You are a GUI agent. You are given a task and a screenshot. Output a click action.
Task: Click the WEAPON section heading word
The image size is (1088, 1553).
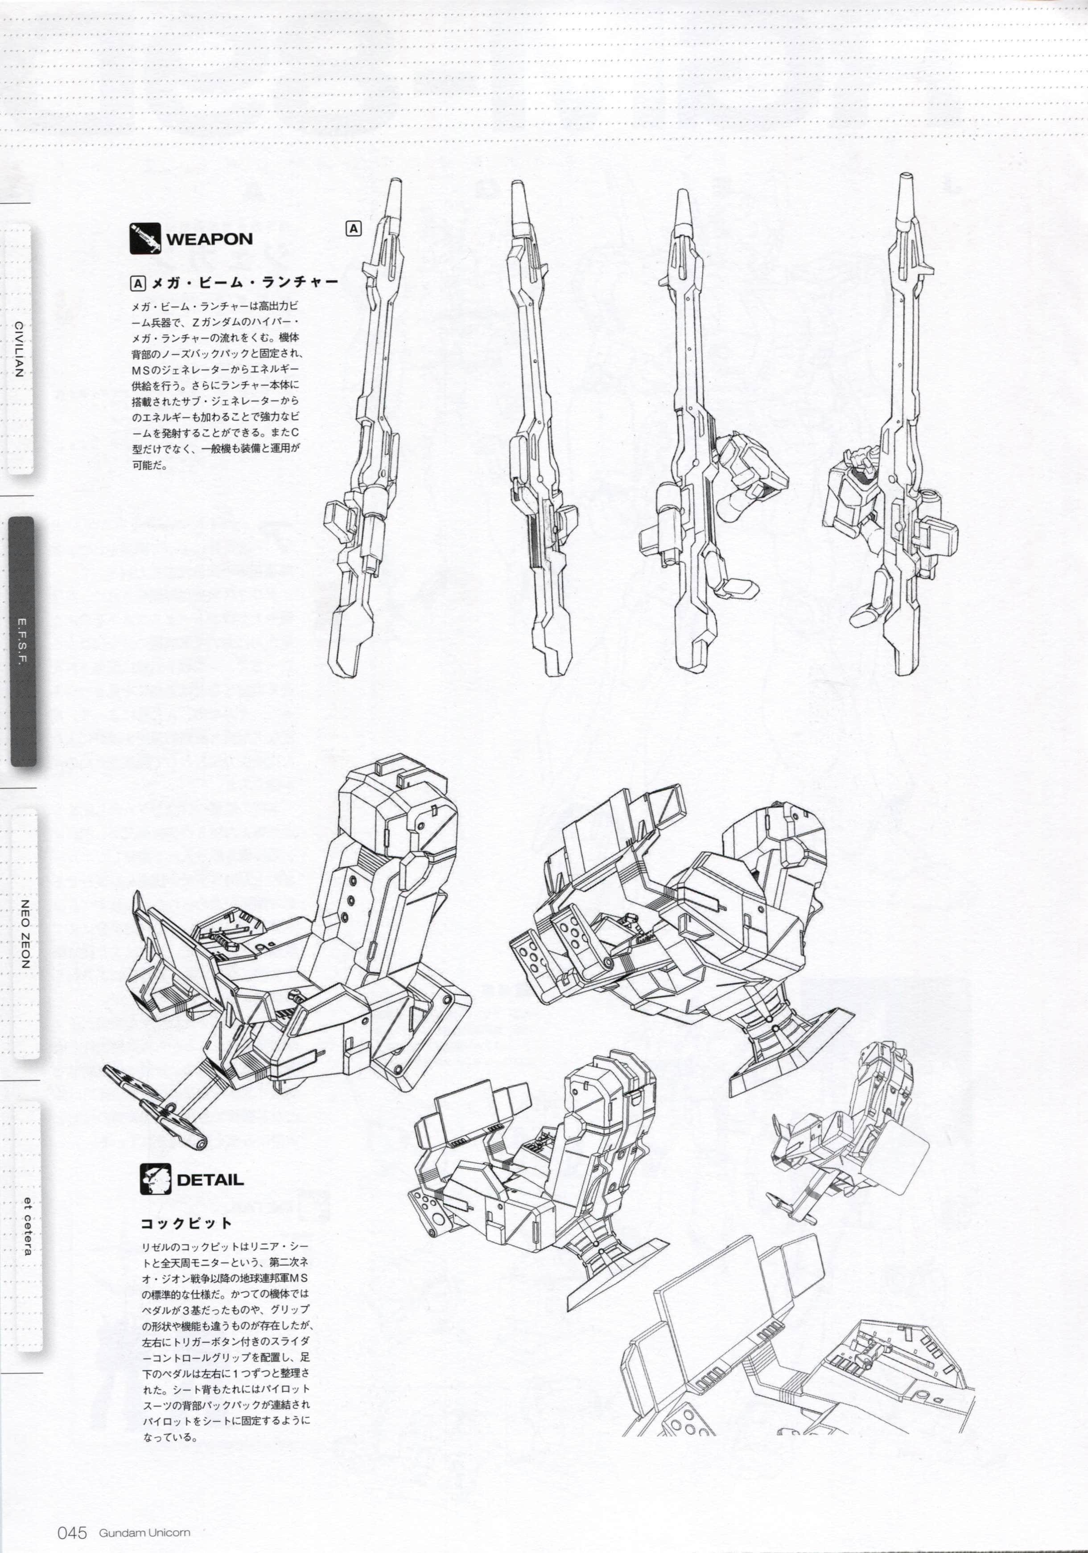pyautogui.click(x=209, y=239)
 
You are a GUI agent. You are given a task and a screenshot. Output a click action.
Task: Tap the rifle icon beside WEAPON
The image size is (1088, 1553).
pyautogui.click(x=145, y=238)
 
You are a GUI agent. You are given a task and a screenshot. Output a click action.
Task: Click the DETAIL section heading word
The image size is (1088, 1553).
pyautogui.click(x=210, y=1180)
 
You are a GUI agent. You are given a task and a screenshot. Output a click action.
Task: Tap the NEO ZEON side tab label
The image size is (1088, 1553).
pyautogui.click(x=25, y=934)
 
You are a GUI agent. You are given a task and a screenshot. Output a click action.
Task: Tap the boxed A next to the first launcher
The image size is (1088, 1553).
pyautogui.click(x=353, y=229)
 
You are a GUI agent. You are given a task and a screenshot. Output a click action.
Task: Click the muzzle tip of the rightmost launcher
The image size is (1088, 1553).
pyautogui.click(x=905, y=179)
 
